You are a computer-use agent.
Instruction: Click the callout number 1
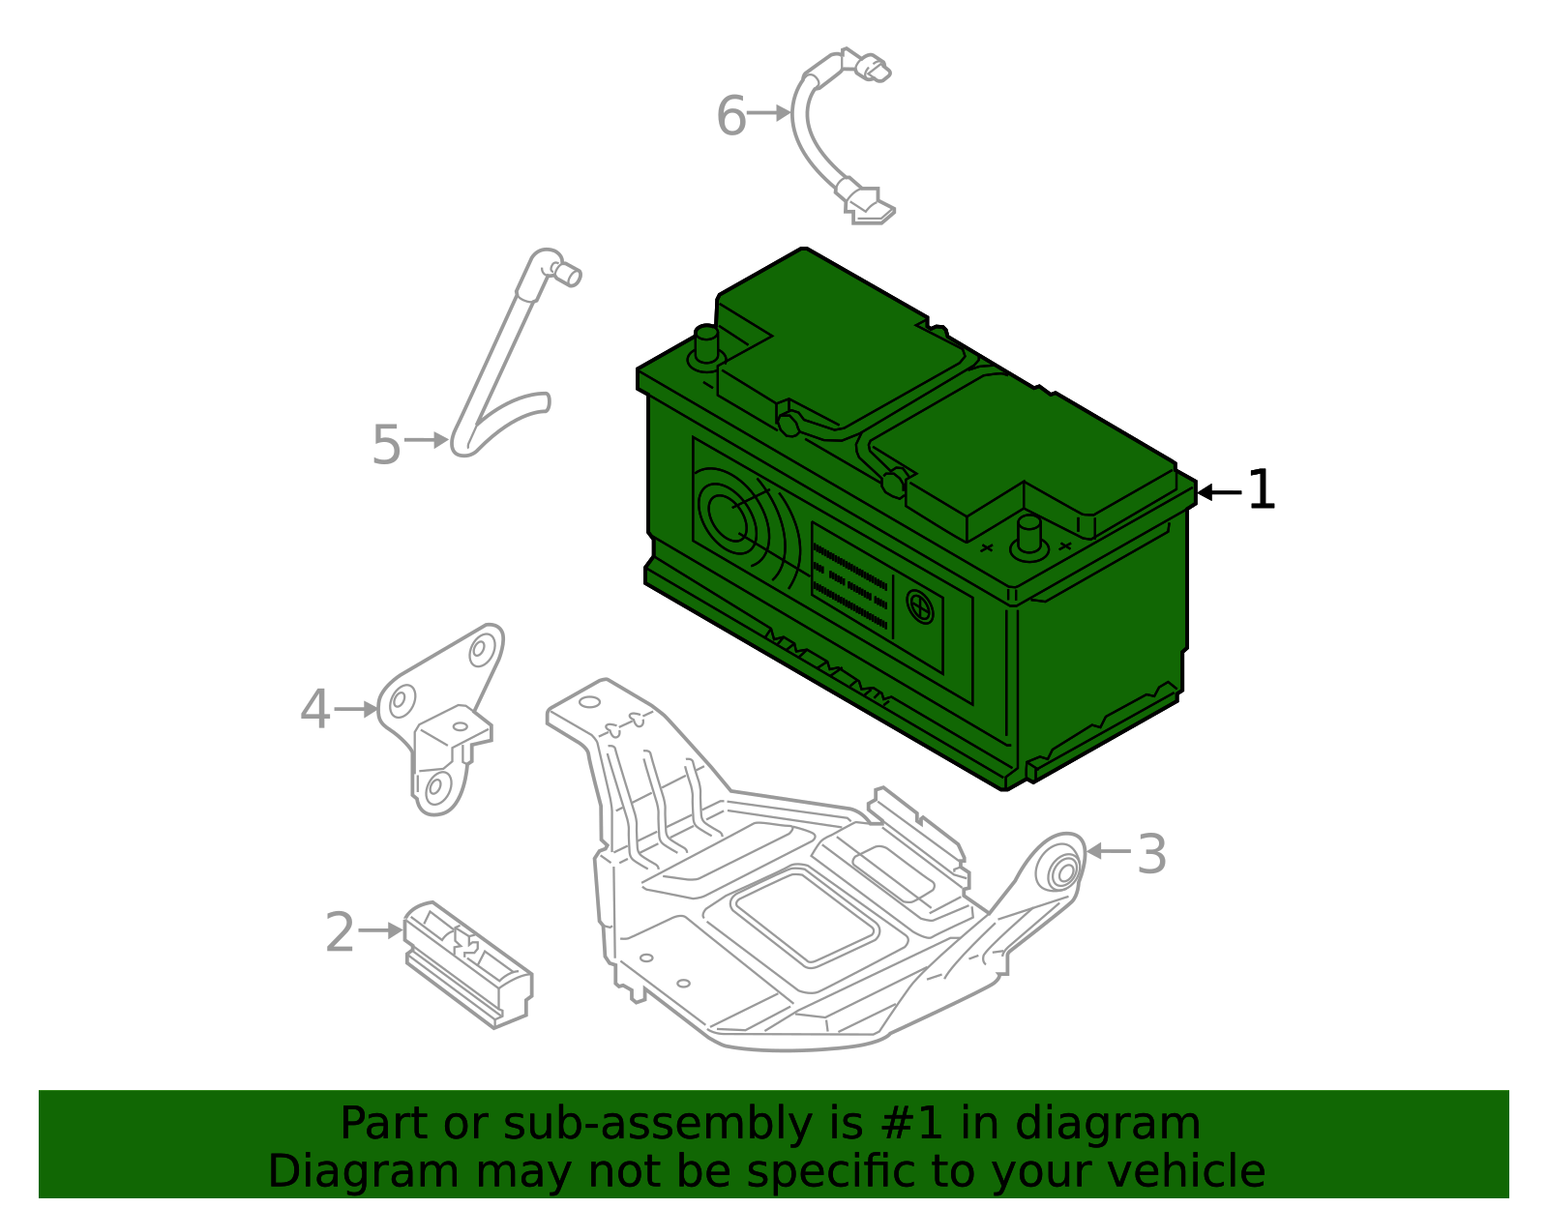point(1261,490)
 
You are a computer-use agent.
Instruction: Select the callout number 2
point(340,932)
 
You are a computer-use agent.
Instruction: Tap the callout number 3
point(1151,855)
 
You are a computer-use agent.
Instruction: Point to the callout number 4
point(315,710)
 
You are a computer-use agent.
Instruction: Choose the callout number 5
point(386,445)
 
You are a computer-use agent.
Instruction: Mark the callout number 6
point(731,116)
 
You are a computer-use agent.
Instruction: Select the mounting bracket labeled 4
point(440,721)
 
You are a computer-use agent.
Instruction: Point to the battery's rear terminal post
point(706,345)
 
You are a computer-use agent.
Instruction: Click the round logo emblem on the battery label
point(920,607)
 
